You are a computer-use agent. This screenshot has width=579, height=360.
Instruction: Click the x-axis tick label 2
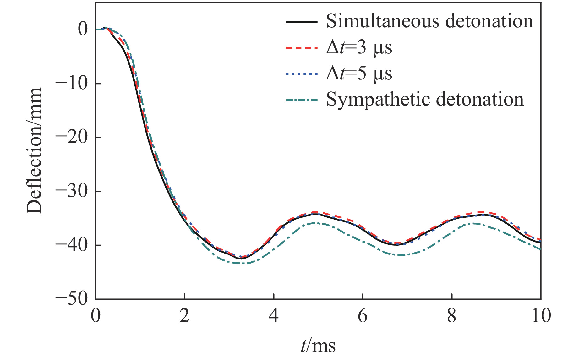coord(185,315)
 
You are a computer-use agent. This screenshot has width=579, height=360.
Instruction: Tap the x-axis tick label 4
coord(274,315)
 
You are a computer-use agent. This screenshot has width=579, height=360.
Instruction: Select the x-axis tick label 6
coord(363,315)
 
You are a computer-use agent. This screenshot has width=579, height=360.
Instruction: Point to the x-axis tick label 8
coord(451,315)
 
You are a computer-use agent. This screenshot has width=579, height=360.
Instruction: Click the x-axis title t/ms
coord(318,346)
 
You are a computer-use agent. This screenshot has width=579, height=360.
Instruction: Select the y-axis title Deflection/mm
coord(34,151)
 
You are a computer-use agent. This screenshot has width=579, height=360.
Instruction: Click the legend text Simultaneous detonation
coord(430,21)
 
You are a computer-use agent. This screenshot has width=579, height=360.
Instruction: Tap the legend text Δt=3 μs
coord(359,48)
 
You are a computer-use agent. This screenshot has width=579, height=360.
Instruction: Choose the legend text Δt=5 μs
coord(359,74)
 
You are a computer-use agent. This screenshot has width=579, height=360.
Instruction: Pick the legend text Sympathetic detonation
coord(425,100)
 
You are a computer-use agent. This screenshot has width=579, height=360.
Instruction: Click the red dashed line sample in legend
coord(302,48)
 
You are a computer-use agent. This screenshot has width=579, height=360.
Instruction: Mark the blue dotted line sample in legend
coord(302,74)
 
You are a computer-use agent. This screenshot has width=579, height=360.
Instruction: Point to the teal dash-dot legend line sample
coord(302,100)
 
